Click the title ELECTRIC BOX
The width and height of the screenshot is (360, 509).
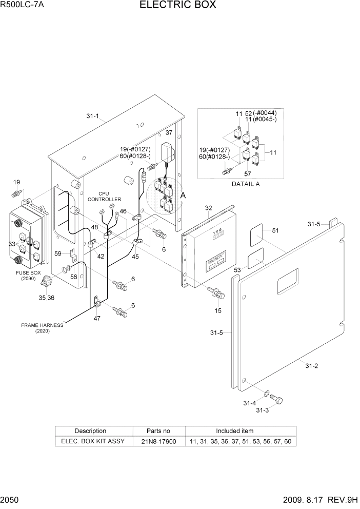pos(177,6)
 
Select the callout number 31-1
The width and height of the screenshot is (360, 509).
pos(93,116)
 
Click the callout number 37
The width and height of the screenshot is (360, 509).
pos(168,132)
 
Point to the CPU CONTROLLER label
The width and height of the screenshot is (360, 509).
pos(104,197)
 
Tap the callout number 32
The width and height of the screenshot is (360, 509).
pos(208,208)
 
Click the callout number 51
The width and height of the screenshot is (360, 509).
pos(275,231)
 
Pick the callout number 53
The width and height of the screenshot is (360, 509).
pos(237,269)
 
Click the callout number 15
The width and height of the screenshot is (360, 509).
pos(218,311)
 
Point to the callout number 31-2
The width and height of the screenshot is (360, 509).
pos(312,366)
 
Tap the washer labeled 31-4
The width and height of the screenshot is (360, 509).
pos(267,394)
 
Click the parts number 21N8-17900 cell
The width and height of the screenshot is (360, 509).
pos(159,441)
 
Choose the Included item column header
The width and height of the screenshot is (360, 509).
pos(234,431)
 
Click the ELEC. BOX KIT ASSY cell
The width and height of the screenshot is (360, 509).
pos(93,441)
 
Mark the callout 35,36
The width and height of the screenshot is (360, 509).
pos(46,298)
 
